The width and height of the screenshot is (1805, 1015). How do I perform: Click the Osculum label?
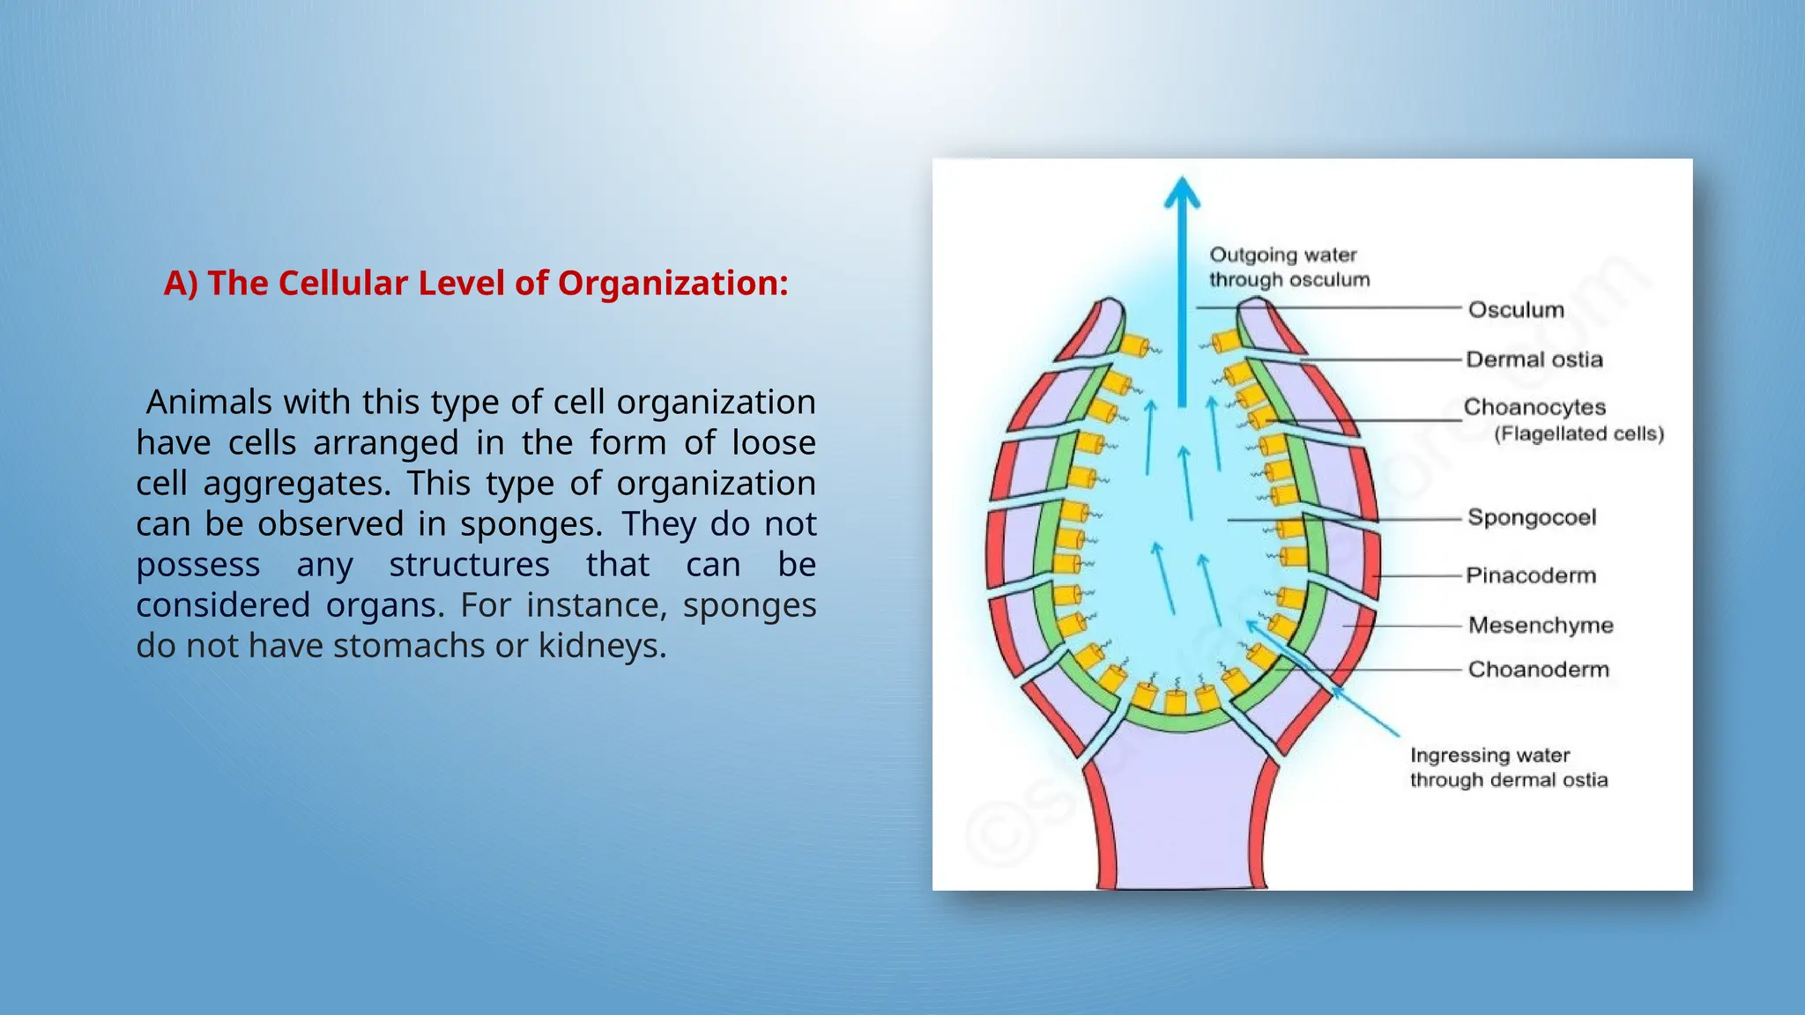click(1515, 309)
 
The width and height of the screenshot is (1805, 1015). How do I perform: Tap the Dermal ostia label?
click(1534, 359)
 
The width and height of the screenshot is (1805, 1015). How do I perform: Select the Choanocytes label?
click(1534, 407)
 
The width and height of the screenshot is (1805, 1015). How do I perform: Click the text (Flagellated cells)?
click(1578, 433)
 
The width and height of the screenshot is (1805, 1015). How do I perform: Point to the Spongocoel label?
click(1531, 517)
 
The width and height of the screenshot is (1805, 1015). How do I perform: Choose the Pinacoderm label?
click(1530, 575)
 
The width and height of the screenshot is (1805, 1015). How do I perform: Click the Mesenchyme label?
click(1540, 625)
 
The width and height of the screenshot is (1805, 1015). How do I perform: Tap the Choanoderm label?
click(1538, 670)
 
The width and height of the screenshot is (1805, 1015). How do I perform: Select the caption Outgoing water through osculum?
click(1289, 267)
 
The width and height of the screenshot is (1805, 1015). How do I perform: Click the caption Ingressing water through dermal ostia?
click(1508, 767)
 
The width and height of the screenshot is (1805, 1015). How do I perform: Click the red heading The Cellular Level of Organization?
click(476, 283)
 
